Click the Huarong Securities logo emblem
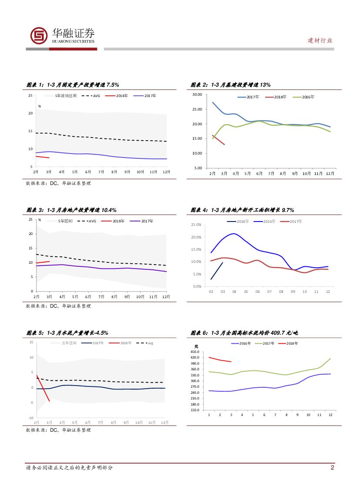(39, 35)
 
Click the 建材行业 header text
(320, 40)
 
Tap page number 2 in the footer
(332, 468)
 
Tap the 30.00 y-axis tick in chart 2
(197, 94)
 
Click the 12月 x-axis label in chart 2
(330, 174)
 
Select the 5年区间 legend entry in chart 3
(69, 221)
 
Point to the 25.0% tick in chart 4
(196, 225)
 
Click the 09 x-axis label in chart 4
(293, 292)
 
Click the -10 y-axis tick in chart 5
(31, 418)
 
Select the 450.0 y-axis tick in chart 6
(195, 352)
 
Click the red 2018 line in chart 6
(220, 360)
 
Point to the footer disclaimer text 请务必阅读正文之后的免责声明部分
(70, 468)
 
